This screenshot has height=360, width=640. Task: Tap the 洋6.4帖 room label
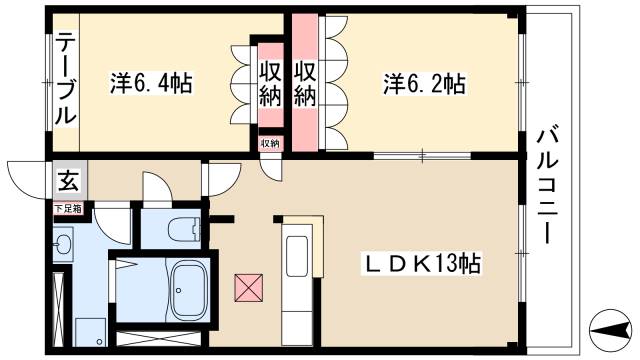pos(151,83)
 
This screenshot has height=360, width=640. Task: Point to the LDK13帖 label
pos(422,264)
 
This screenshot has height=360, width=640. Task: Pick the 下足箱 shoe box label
pos(68,209)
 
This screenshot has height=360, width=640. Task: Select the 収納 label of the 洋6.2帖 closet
pos(305,84)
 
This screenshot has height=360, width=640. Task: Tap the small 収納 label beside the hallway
pos(271,143)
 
